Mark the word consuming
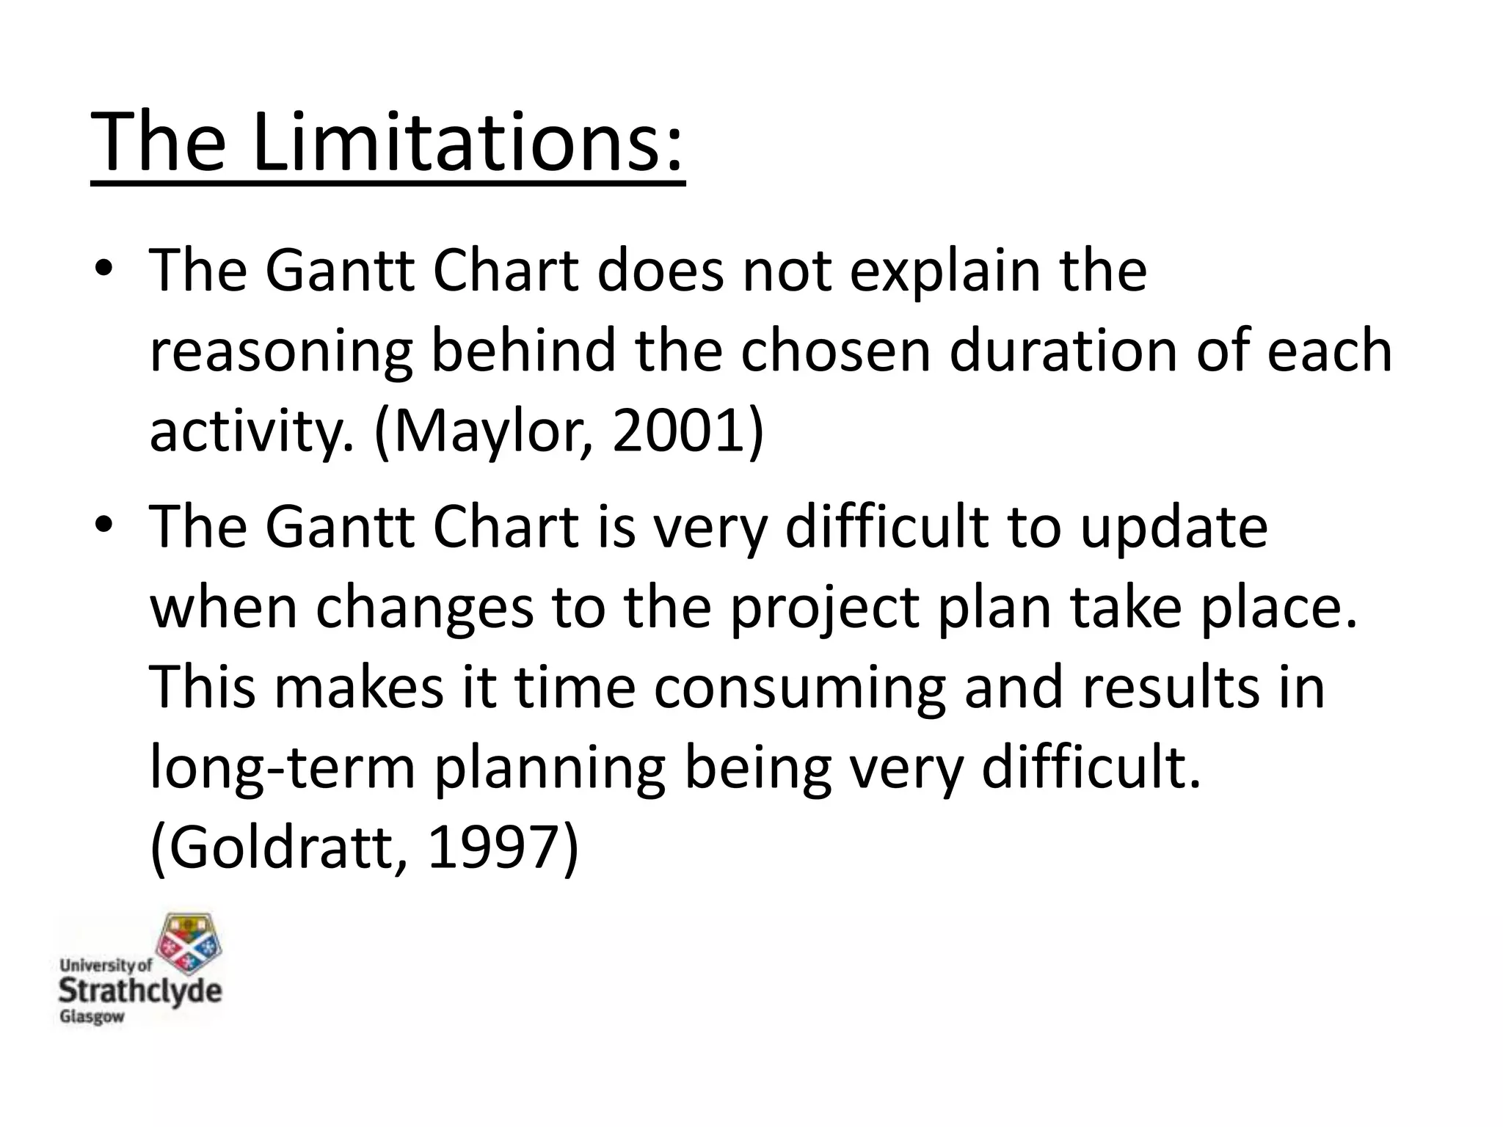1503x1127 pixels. [x=799, y=690]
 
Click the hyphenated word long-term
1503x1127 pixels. [x=283, y=770]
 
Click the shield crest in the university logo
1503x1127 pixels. [x=190, y=946]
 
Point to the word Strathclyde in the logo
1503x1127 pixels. [x=139, y=991]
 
